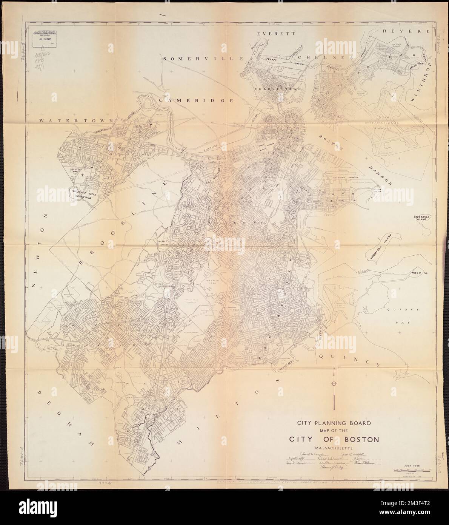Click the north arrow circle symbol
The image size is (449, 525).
(x=334, y=384)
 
